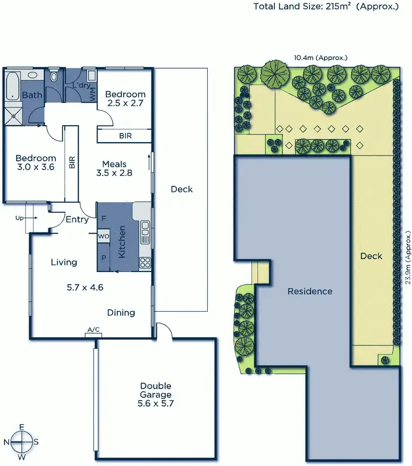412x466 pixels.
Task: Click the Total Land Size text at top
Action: coord(326,7)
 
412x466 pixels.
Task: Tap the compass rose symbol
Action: coord(22,442)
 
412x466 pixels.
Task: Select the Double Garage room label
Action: coord(155,394)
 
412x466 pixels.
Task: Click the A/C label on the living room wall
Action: coord(93,331)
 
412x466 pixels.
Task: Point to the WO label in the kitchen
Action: coord(103,236)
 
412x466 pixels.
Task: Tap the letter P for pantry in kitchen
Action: coord(104,257)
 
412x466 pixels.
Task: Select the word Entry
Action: coord(77,220)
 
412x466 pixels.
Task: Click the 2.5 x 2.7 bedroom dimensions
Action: coord(125,104)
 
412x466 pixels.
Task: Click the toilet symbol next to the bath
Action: coord(54,76)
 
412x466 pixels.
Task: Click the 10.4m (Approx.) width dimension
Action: coord(320,58)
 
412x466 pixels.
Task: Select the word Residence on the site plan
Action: coord(310,291)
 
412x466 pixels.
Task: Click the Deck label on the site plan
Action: coord(371,256)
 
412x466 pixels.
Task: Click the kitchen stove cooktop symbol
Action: coord(145,263)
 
